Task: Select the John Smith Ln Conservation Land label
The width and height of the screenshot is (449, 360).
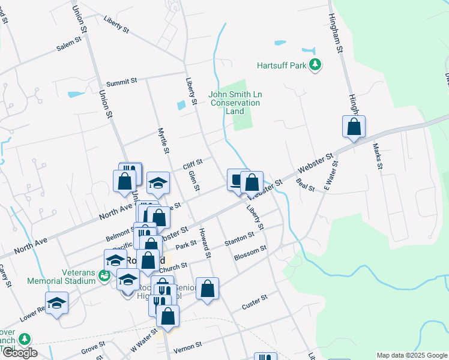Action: point(235,103)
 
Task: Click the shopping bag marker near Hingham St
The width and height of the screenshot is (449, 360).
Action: point(354,127)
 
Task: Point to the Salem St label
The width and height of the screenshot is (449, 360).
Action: point(68,44)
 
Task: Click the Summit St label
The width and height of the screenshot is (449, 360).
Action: point(122,82)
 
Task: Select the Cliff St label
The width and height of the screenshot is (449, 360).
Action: point(193,164)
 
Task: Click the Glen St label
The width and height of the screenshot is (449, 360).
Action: point(193,181)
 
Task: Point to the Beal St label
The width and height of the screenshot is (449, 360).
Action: point(306,185)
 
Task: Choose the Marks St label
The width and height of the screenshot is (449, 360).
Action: point(377,156)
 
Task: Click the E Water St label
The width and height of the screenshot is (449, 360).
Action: point(331,173)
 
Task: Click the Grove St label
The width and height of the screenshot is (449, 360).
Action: point(93,346)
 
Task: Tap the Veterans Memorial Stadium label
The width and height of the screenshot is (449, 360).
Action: point(62,276)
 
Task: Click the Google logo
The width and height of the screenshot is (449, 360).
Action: point(19,353)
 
